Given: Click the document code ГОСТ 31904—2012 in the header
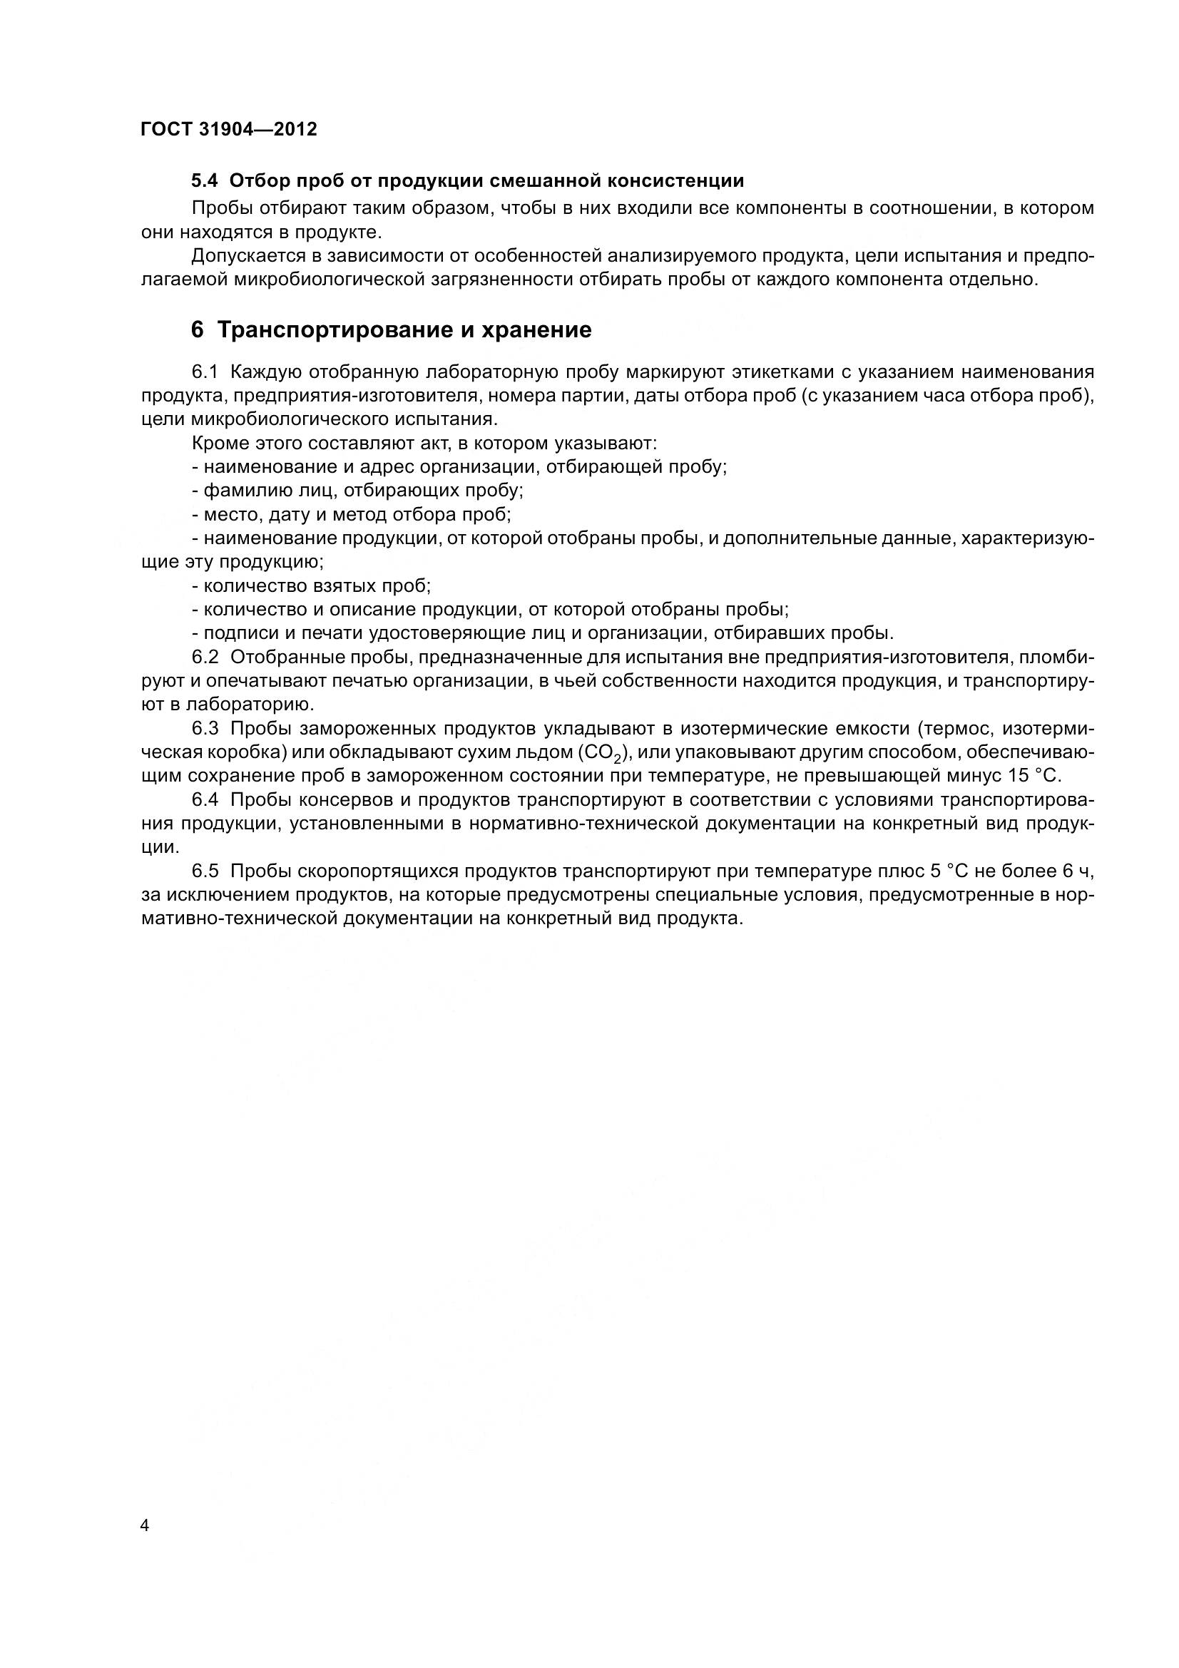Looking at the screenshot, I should tap(229, 129).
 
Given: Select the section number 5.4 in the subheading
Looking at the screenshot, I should tap(206, 181).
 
